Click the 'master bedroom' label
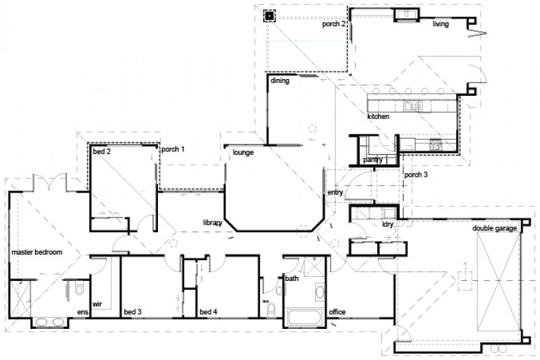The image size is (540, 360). (37, 252)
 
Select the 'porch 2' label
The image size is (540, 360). (334, 24)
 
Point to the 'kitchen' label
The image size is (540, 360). (378, 117)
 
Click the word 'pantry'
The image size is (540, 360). (373, 160)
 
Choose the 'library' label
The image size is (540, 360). (213, 222)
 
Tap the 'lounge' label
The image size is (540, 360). (243, 153)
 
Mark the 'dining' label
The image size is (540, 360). (280, 81)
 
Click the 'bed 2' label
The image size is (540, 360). (102, 152)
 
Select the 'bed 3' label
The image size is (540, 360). (132, 312)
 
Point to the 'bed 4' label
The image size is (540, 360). (208, 312)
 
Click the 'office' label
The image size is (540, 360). (337, 312)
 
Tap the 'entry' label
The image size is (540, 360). (335, 192)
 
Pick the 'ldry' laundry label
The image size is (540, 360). (387, 223)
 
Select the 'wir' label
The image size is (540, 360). (97, 305)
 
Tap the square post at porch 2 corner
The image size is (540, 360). (269, 15)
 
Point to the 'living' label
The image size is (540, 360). (441, 24)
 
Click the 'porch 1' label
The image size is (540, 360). (173, 149)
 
